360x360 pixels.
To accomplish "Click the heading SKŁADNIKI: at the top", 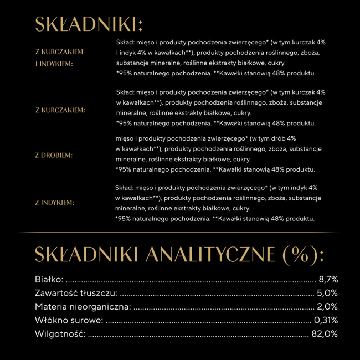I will pos(89,25).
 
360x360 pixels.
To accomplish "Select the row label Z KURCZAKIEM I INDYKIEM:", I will pos(59,58).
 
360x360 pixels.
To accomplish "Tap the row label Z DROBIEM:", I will pos(54,155).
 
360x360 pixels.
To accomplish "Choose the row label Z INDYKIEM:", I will pos(54,203).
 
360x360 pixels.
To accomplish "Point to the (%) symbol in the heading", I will pos(302,255).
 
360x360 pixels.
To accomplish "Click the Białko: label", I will pos(49,280).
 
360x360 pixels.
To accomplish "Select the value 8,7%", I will pos(328,280).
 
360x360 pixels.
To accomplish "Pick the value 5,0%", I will pos(327,293).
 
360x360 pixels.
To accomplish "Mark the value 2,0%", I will pos(327,307).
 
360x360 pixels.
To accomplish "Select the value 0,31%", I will pos(326,320).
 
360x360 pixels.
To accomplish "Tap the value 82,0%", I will pos(325,334).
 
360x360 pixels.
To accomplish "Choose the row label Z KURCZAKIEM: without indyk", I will pos(60,110).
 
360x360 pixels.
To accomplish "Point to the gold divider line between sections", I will pos(180,232).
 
